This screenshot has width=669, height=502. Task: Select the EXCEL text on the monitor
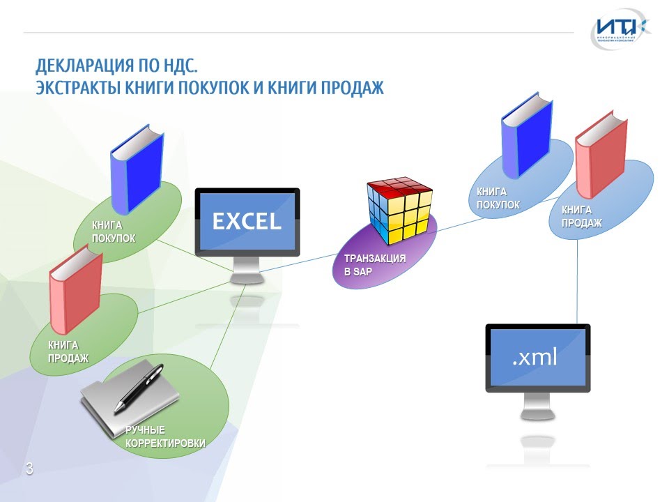click(x=247, y=221)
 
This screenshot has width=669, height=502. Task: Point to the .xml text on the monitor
click(x=535, y=358)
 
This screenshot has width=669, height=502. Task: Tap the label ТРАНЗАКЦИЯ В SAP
click(x=375, y=265)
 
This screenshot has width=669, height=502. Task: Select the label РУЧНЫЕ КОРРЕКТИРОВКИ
click(x=165, y=436)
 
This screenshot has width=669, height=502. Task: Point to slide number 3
click(x=29, y=469)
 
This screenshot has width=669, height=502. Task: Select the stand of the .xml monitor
click(x=537, y=406)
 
